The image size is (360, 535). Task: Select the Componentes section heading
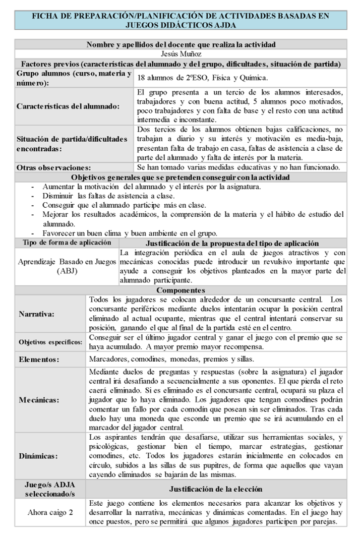(181, 290)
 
